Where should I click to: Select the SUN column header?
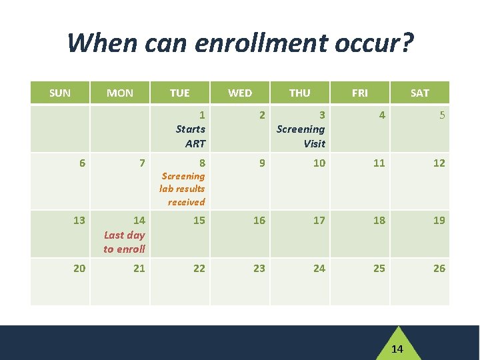pyautogui.click(x=60, y=93)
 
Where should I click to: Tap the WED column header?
pyautogui.click(x=240, y=93)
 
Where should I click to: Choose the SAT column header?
pyautogui.click(x=420, y=93)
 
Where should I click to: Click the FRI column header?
pyautogui.click(x=359, y=93)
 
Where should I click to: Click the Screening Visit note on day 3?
pyautogui.click(x=301, y=136)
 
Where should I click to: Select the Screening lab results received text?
pyautogui.click(x=183, y=189)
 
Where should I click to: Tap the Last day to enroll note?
pyautogui.click(x=125, y=242)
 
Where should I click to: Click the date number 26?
pyautogui.click(x=439, y=268)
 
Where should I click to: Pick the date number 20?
pyautogui.click(x=79, y=268)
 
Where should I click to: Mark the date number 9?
pyautogui.click(x=262, y=163)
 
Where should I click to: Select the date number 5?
pyautogui.click(x=441, y=115)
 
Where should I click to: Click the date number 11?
pyautogui.click(x=379, y=163)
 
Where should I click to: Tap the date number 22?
pyautogui.click(x=199, y=268)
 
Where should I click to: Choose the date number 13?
pyautogui.click(x=79, y=220)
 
